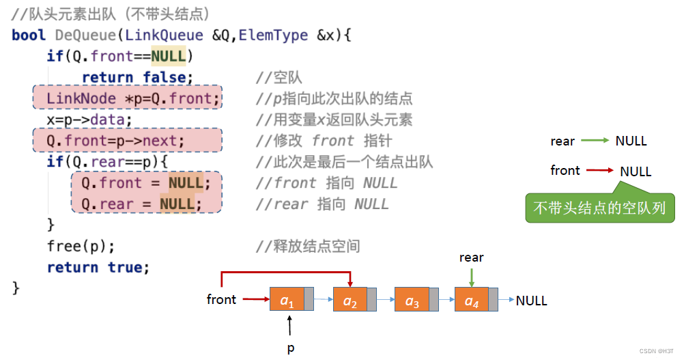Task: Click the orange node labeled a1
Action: [287, 299]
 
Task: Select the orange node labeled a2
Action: [350, 300]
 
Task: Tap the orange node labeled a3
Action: [411, 300]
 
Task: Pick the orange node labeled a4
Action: [472, 300]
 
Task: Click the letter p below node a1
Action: [290, 348]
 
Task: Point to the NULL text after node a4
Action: [532, 301]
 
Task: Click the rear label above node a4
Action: [471, 258]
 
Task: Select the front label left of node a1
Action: [221, 299]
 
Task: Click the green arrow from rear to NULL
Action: [595, 141]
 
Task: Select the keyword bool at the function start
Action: [29, 35]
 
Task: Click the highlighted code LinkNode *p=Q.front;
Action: [134, 99]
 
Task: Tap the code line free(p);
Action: [81, 246]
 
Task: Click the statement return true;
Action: [98, 267]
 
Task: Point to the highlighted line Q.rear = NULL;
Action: [142, 204]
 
